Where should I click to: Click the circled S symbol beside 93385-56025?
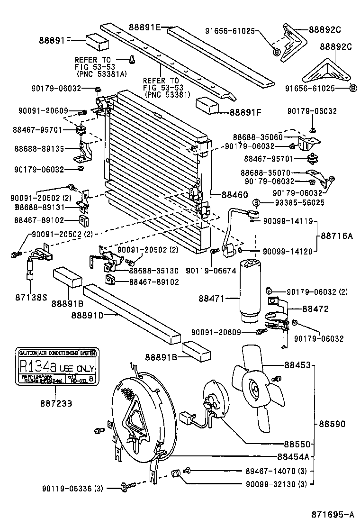coord(256,202)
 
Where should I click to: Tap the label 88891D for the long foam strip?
coord(88,314)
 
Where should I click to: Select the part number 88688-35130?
coord(154,271)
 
